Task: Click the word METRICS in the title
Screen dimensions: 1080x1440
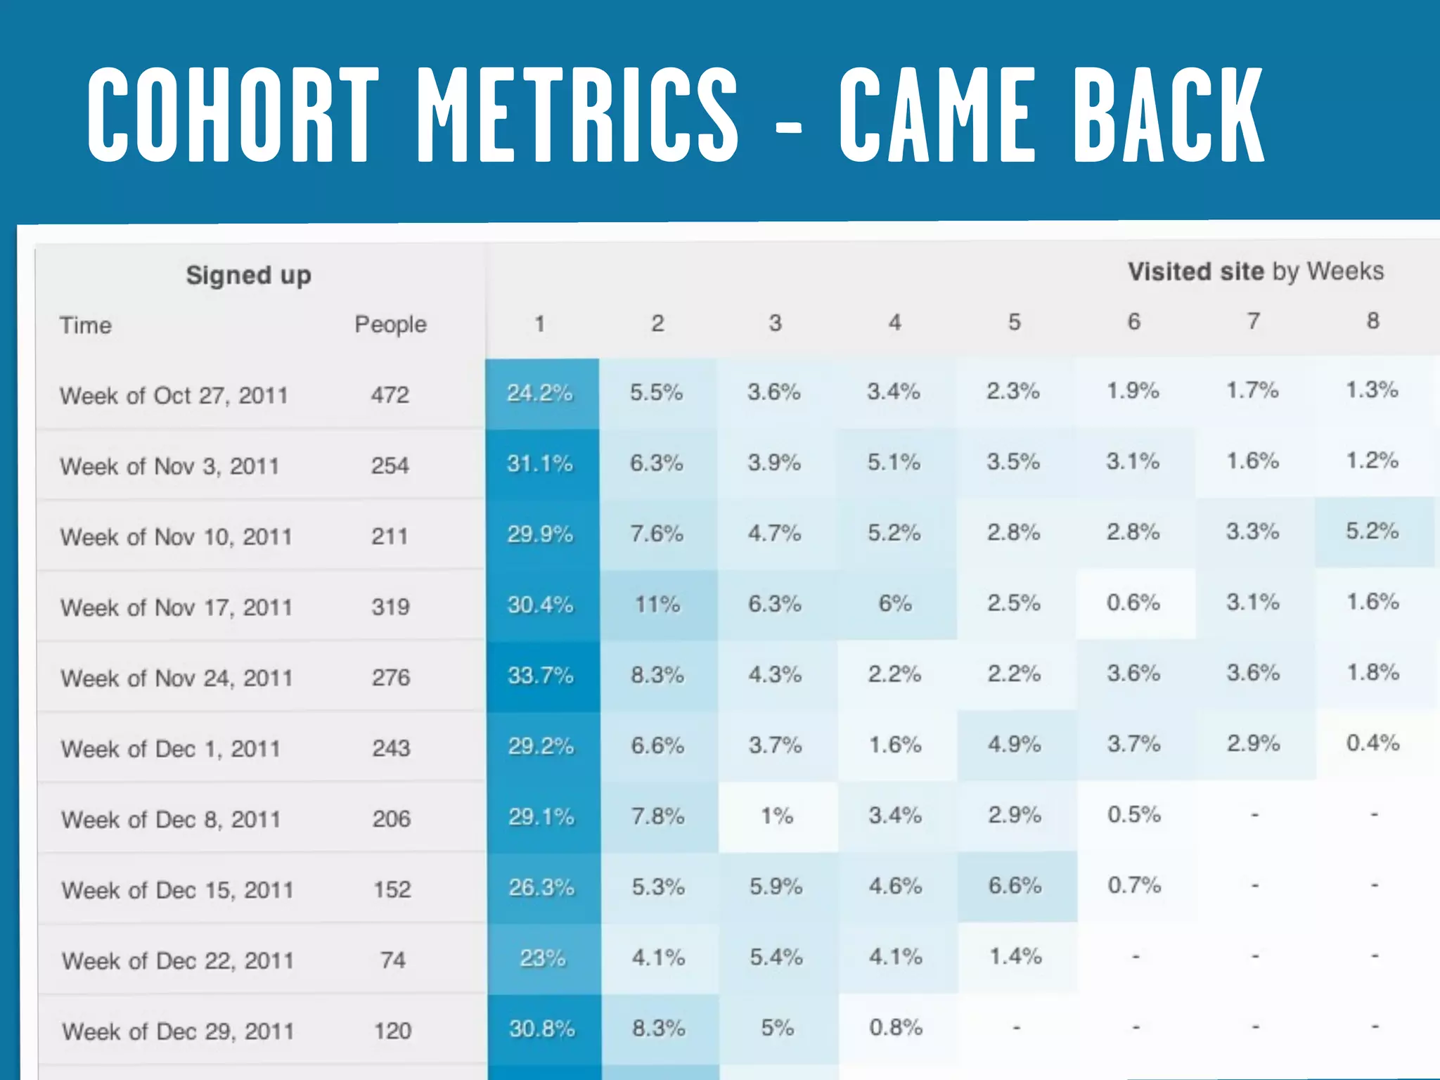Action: (577, 115)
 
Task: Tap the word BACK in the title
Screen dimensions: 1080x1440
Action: (1169, 115)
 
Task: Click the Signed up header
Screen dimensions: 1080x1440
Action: (248, 275)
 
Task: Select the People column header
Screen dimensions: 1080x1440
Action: (390, 324)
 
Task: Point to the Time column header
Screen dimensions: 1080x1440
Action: (86, 325)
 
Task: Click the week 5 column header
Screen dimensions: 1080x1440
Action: (1014, 322)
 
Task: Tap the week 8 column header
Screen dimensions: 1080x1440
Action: (1372, 321)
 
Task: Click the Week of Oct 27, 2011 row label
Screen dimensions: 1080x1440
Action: (174, 395)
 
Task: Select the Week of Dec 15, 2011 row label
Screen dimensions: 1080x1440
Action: (177, 890)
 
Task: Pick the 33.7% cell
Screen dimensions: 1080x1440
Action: (541, 676)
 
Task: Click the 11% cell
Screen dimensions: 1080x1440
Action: (657, 604)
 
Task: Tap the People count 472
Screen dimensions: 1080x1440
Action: (390, 394)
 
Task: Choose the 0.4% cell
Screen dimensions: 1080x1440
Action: (1372, 743)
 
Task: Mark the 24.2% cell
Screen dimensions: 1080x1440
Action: (540, 392)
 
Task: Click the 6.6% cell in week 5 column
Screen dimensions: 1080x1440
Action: (1015, 885)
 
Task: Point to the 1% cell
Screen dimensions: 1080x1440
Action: (777, 816)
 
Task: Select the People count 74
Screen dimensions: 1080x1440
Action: (392, 960)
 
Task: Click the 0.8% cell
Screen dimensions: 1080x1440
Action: (896, 1027)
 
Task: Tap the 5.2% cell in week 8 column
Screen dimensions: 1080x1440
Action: (1372, 531)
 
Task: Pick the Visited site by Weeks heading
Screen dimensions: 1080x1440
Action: (1256, 271)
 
